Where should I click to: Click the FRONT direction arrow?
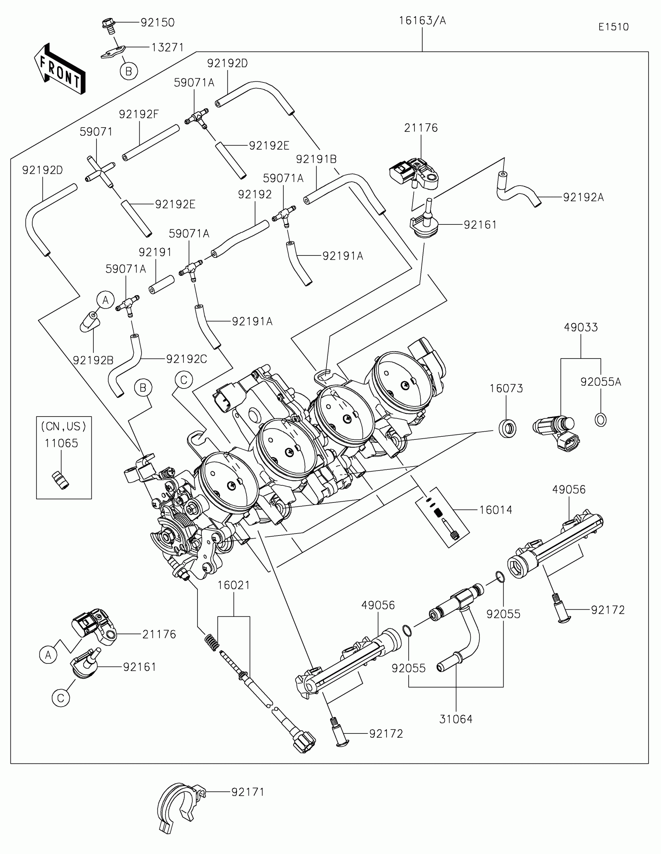pos(60,69)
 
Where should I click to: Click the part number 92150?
pos(157,23)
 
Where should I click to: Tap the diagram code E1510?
pos(614,27)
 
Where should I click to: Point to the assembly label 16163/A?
pos(422,21)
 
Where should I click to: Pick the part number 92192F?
pos(139,114)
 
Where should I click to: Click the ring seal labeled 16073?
pos(507,429)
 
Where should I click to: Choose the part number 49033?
pos(581,327)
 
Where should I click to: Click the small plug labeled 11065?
pos(61,480)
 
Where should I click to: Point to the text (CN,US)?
pos(64,426)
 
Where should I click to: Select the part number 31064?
pos(456,719)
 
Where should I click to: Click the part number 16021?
pos(233,585)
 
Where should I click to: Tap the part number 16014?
pos(496,510)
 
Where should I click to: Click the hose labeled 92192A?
pos(518,190)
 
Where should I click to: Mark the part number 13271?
pos(167,47)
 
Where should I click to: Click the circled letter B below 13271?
pos(129,71)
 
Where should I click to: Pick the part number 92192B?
pos(93,360)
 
